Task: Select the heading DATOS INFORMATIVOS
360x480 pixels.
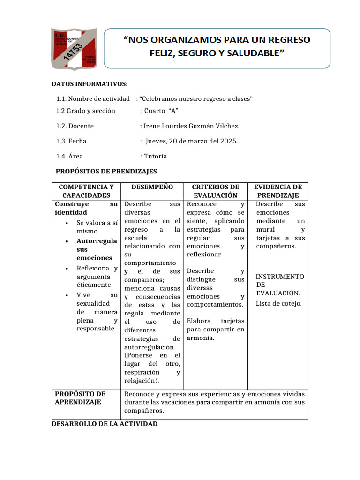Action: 89,84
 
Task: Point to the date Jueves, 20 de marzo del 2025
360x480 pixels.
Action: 192,141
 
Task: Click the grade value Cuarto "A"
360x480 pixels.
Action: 162,111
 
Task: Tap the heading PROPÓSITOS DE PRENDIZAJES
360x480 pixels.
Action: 106,172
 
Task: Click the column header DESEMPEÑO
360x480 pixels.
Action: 152,187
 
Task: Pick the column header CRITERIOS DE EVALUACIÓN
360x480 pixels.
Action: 216,191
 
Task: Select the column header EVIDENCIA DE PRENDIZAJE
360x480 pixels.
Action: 278,191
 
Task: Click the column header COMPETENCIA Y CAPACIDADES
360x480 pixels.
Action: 86,191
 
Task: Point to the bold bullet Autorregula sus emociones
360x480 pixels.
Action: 97,249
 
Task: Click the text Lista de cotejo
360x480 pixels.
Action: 278,303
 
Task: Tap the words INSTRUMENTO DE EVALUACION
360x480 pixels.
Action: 279,285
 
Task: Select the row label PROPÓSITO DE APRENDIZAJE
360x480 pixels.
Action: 80,398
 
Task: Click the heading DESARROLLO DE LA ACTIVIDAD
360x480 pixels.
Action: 105,424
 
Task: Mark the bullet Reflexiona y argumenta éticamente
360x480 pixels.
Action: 97,277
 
